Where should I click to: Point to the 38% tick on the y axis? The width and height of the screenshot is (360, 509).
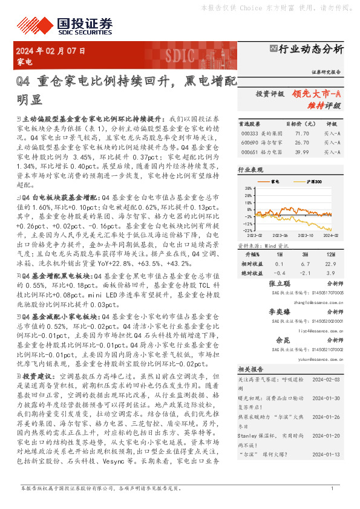248,189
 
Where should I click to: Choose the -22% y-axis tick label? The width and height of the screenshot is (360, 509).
247,230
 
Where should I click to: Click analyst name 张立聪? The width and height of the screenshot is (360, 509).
280,284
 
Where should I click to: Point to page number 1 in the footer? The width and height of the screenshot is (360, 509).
332,488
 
